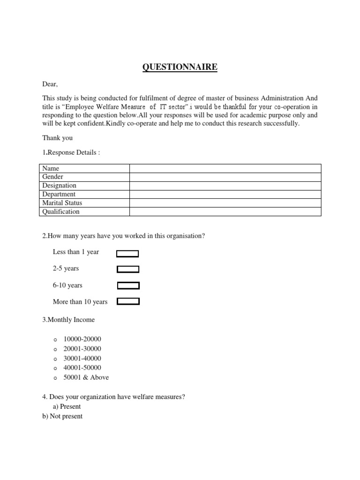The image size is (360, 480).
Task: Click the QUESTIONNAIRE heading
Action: pos(180,67)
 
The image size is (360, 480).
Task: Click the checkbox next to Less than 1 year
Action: pos(127,254)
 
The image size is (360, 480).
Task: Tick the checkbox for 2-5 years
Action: pos(128,269)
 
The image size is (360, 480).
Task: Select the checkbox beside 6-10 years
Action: pos(128,285)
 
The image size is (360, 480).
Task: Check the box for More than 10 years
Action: pos(128,302)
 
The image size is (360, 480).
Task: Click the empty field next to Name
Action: pos(225,168)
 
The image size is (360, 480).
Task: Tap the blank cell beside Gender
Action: pos(225,177)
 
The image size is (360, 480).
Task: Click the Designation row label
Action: pos(59,186)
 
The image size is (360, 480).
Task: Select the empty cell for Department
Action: pos(225,194)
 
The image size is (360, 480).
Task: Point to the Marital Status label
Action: pos(62,203)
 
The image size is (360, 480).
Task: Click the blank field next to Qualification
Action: pos(225,211)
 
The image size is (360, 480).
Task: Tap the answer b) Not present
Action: pos(62,416)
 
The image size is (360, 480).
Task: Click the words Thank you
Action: pos(57,138)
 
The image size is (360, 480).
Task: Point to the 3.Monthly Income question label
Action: pos(68,320)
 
